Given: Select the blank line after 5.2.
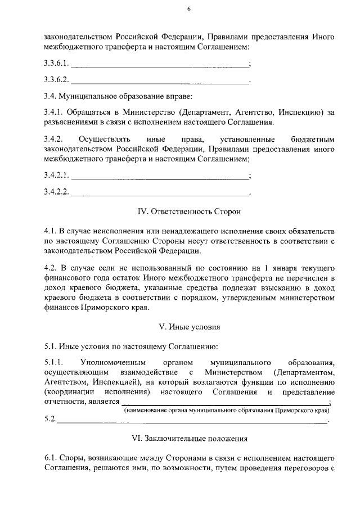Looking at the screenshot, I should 191,421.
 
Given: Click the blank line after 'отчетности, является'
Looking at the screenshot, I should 225,403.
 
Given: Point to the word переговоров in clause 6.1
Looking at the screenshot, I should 298,467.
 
